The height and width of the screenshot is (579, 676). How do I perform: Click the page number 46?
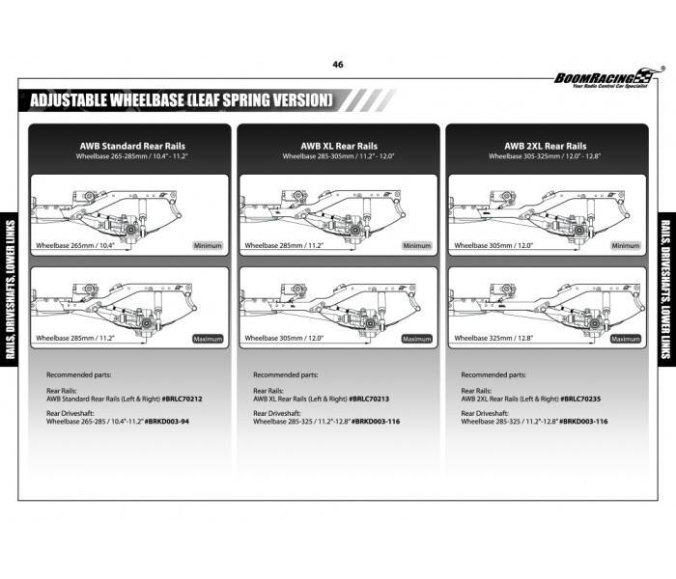337,65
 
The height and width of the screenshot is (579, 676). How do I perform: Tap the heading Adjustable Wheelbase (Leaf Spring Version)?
182,99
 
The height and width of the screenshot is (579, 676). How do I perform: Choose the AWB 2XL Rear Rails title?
545,146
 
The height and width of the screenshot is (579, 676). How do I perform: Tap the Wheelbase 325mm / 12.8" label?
493,339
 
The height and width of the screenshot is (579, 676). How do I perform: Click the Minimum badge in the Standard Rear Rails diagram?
208,246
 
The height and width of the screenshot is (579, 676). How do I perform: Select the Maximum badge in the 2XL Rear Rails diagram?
625,339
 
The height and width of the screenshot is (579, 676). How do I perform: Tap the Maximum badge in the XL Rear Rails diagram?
416,339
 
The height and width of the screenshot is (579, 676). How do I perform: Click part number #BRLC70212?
182,398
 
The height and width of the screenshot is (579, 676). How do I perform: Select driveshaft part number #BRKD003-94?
166,422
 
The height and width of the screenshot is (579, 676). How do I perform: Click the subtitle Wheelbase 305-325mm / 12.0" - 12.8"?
545,156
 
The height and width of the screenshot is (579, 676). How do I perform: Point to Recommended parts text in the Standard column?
78,374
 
